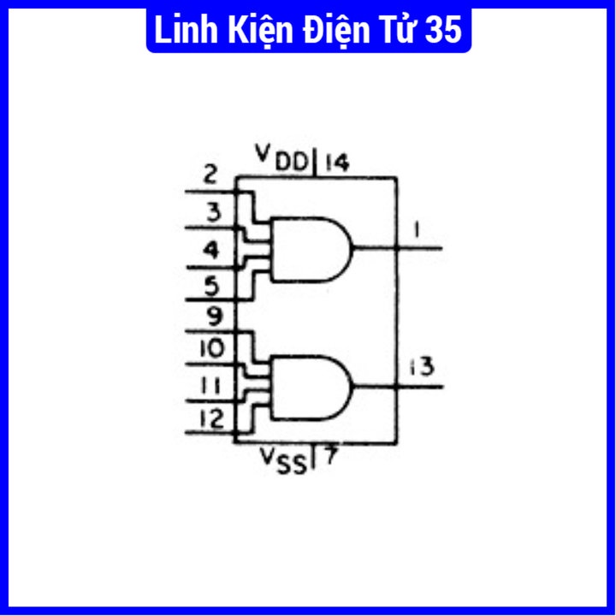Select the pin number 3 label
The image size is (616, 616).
[x=213, y=210]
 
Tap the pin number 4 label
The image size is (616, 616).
[x=211, y=250]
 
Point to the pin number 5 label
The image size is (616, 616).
[x=212, y=284]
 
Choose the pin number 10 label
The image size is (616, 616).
[x=210, y=349]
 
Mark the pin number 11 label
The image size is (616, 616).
[x=211, y=385]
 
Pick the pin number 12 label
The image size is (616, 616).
[x=210, y=419]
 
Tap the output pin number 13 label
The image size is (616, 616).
[x=420, y=367]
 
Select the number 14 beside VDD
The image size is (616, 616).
[x=335, y=161]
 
